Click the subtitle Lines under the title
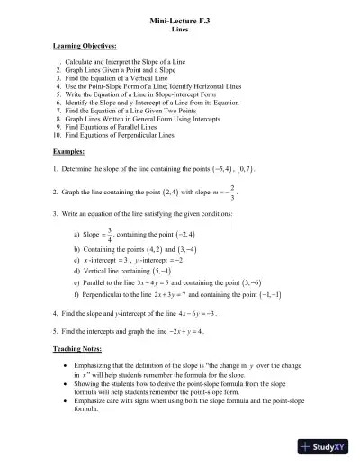tap(179, 29)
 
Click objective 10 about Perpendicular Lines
tap(130, 135)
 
